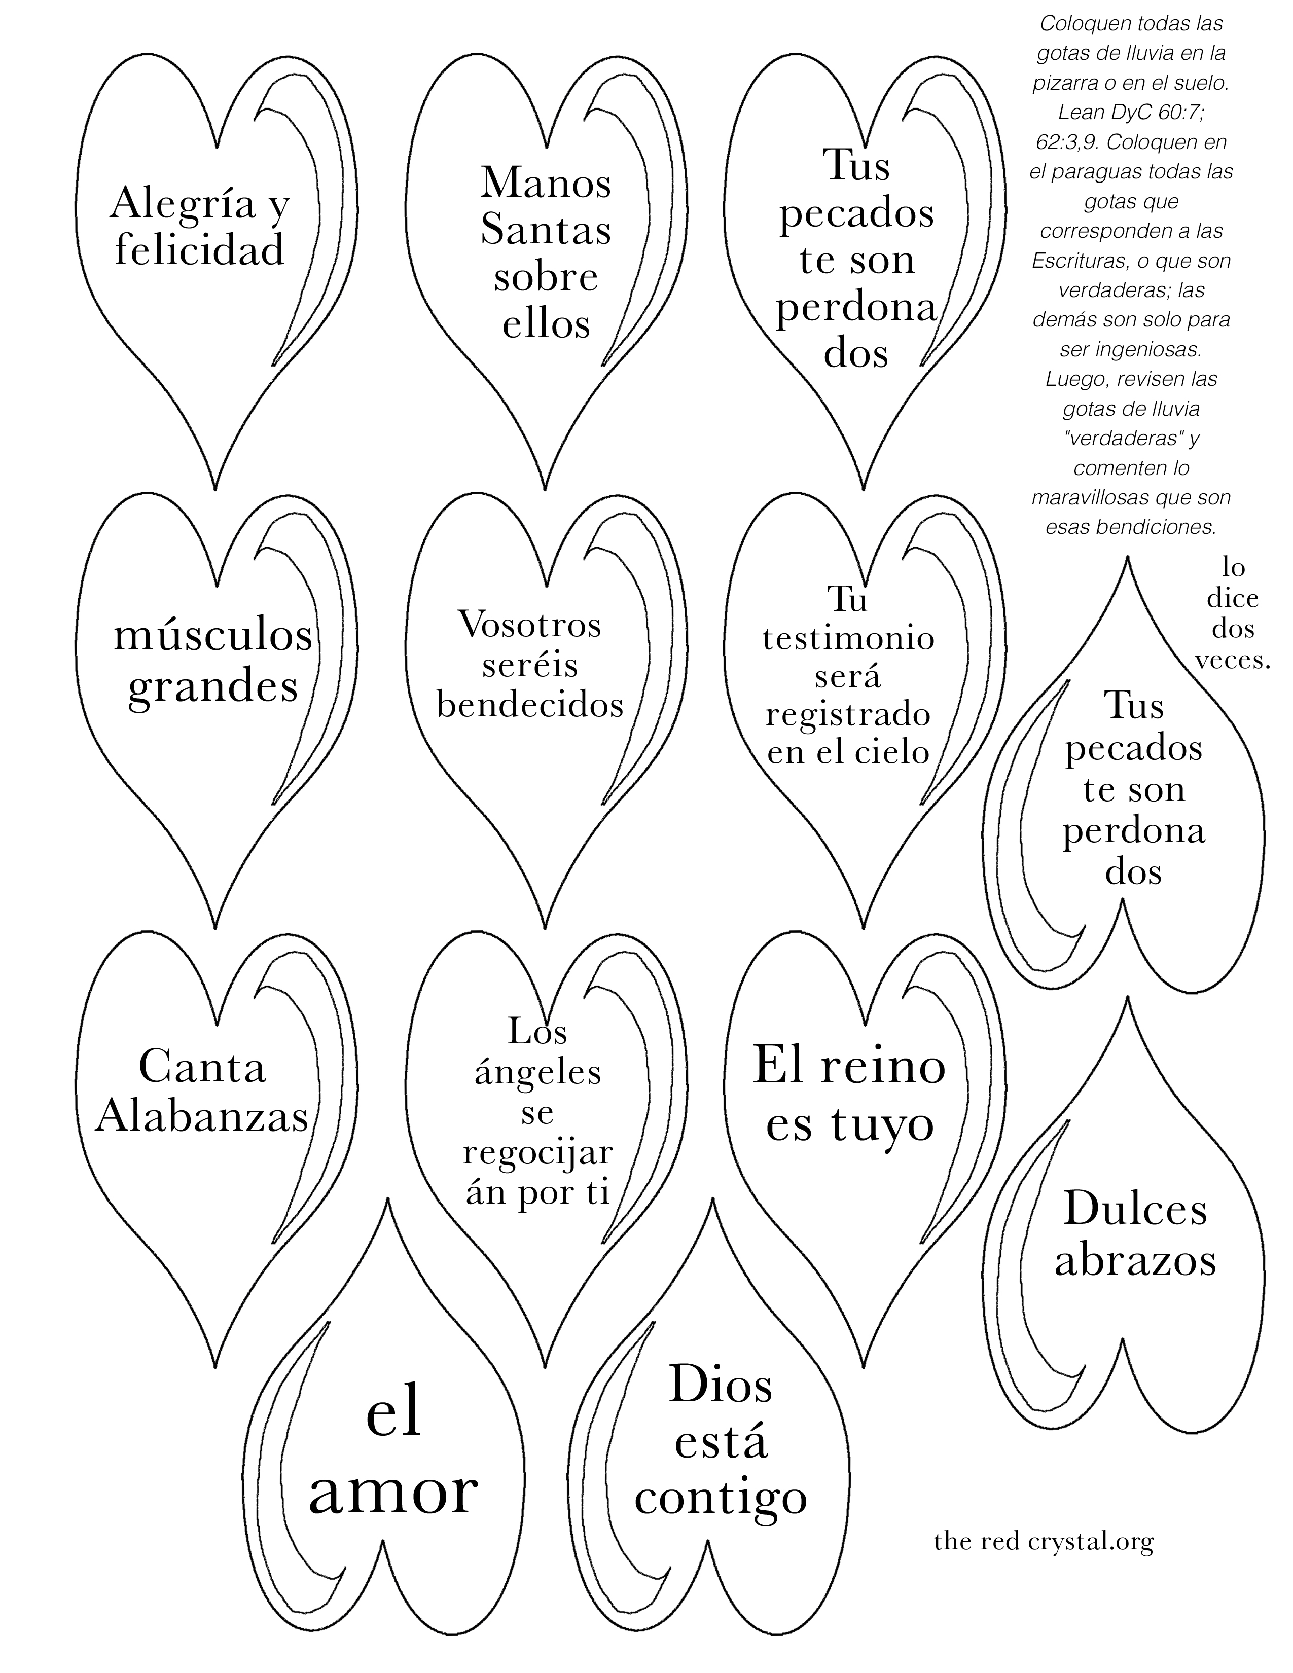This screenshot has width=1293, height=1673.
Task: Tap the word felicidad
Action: [x=200, y=250]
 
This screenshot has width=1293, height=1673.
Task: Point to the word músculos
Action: [x=213, y=636]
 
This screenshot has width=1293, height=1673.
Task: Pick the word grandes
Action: [x=213, y=686]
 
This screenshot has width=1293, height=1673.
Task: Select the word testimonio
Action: [x=849, y=638]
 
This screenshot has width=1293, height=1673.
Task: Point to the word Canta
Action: [x=202, y=1067]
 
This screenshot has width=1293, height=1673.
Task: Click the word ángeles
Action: [x=537, y=1072]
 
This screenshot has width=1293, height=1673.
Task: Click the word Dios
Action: [x=721, y=1385]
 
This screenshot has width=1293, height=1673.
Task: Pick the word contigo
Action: [x=721, y=1498]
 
